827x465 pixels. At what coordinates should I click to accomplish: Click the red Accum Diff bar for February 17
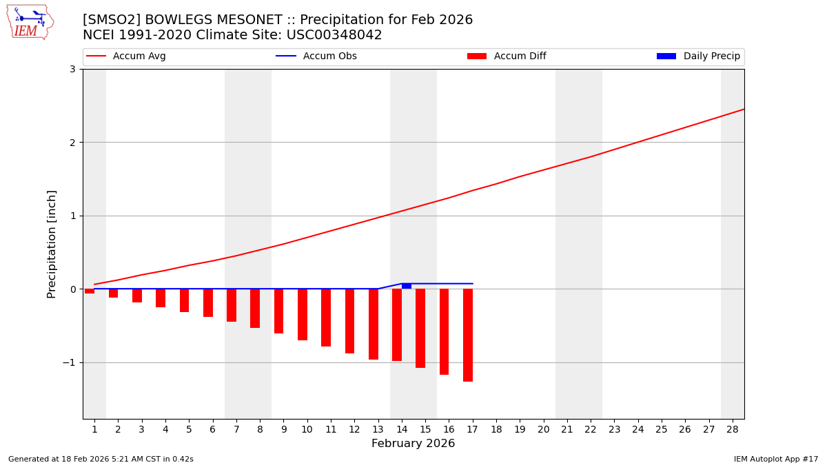pos(468,335)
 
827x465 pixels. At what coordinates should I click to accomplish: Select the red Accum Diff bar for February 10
pos(303,314)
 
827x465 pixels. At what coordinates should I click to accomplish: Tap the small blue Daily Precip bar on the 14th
pos(407,286)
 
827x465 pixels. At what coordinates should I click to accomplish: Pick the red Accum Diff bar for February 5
pos(184,300)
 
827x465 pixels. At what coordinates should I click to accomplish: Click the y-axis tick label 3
pos(72,69)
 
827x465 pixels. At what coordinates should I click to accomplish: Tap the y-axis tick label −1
pos(69,362)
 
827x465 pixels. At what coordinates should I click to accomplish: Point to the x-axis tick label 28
pos(733,429)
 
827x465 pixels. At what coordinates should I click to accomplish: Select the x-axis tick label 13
pos(378,429)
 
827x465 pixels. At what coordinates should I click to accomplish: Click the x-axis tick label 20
pos(543,429)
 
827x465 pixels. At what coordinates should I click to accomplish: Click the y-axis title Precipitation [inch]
pos(52,244)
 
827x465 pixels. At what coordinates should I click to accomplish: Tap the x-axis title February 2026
pos(413,444)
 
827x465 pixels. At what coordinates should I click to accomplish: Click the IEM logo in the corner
pos(30,22)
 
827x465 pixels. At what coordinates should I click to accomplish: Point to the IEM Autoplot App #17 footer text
pos(776,459)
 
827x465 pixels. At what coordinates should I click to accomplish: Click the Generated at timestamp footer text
pos(101,459)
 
